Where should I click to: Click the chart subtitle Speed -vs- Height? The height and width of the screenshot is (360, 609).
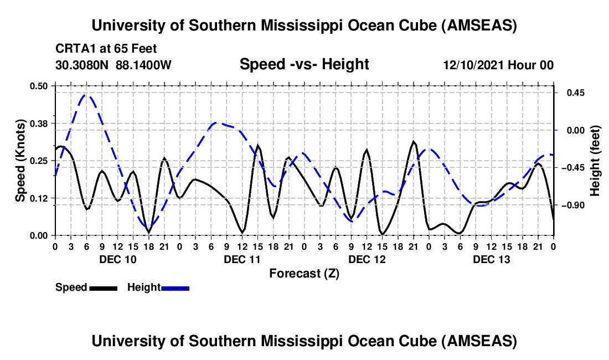tap(304, 65)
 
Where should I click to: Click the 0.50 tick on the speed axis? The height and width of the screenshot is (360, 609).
tap(40, 86)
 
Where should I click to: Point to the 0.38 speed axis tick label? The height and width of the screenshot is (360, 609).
tap(40, 123)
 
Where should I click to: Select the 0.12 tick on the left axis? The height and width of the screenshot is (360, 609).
tap(40, 198)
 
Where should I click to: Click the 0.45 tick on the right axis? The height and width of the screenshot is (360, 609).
tap(574, 93)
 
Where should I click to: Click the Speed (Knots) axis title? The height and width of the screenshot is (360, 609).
tap(20, 161)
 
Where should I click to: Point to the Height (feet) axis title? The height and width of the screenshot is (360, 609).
tap(595, 161)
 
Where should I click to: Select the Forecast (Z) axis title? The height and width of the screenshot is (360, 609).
tap(304, 273)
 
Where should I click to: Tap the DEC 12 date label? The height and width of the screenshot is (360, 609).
tap(367, 259)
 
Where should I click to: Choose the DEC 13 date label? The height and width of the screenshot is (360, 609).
tap(491, 259)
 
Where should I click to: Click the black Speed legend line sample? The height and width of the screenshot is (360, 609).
tap(103, 287)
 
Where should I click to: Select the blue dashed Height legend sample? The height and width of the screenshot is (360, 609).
tap(175, 287)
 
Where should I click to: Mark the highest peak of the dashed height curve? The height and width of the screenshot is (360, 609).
tap(86, 95)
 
